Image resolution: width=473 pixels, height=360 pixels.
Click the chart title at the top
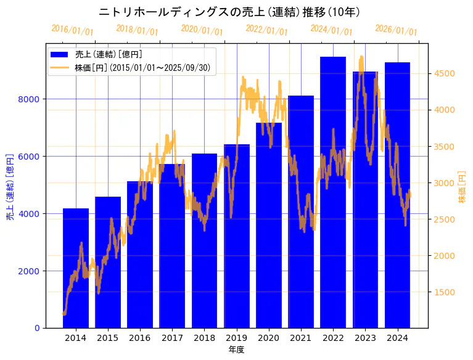229,12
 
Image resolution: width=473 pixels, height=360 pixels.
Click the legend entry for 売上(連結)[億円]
104,54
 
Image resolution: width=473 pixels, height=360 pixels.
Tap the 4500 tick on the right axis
444,73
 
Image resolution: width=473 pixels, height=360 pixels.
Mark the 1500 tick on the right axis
444,292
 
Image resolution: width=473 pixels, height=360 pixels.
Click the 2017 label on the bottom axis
172,338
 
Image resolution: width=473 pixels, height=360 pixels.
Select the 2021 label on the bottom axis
301,338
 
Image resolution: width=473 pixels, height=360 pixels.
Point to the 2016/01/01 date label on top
72,30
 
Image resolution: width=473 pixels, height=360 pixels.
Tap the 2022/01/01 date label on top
266,30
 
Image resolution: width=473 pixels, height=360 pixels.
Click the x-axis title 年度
236,350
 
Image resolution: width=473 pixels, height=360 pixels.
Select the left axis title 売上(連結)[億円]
10,187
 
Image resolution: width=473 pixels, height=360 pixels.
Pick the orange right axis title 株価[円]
462,187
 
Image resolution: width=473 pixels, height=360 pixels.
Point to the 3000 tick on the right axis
444,183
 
